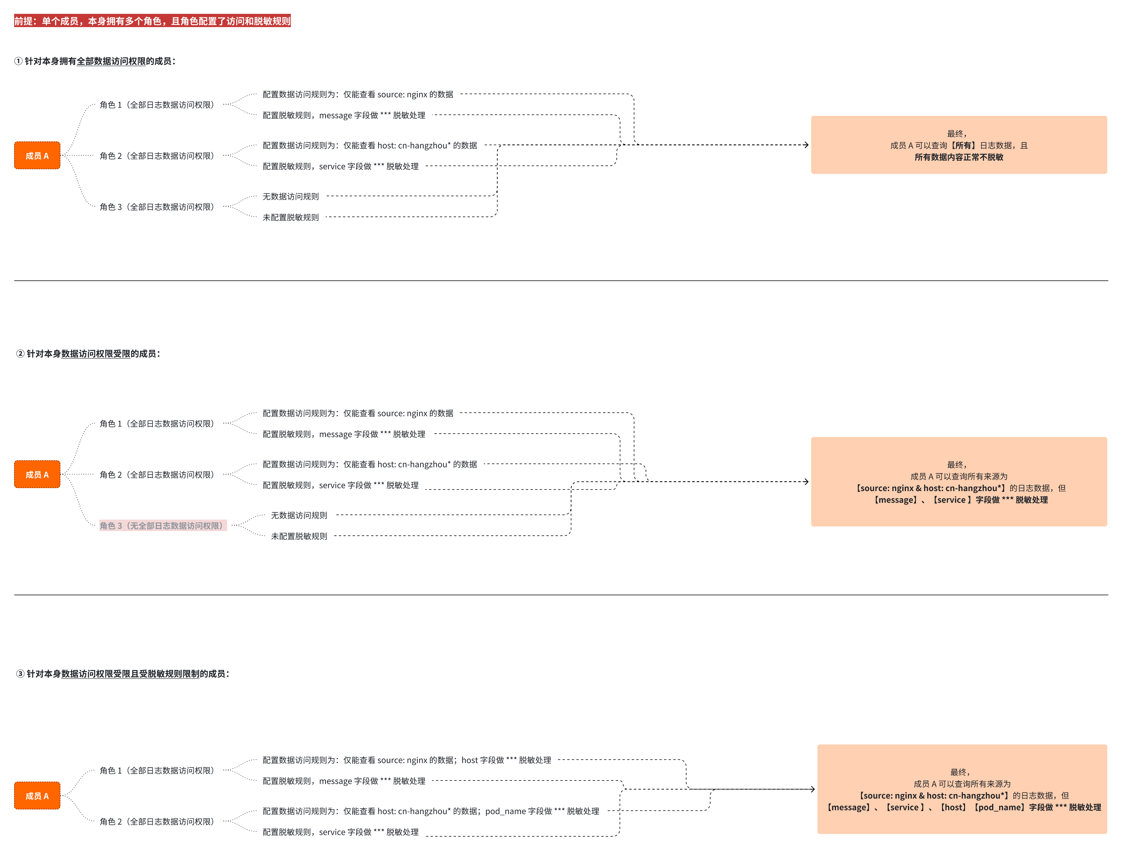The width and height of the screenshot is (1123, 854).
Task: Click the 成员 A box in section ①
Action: [x=37, y=156]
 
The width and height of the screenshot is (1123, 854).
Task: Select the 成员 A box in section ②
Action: [x=37, y=474]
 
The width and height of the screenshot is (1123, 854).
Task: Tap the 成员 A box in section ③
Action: [x=37, y=795]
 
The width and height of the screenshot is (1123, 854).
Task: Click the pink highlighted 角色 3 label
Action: [x=163, y=526]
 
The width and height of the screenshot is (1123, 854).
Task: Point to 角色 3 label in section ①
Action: [x=157, y=207]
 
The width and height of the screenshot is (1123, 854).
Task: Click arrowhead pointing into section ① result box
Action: [x=807, y=145]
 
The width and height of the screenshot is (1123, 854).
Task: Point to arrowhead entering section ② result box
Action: [x=807, y=481]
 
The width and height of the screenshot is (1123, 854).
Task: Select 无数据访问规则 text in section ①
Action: [x=291, y=196]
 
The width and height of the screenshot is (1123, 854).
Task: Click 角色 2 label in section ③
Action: [x=157, y=821]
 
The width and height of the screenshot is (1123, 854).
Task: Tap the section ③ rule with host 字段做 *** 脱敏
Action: [x=406, y=760]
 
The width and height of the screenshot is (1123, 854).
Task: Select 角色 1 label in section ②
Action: [x=157, y=424]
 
